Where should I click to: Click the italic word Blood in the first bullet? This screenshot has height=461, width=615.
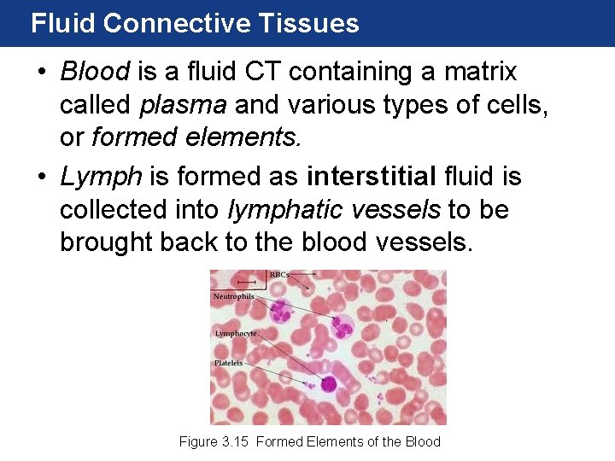(x=95, y=72)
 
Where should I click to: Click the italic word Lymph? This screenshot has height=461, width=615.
(x=102, y=177)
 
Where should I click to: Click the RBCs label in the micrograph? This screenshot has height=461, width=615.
(x=279, y=275)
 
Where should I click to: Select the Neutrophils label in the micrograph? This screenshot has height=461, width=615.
(x=233, y=296)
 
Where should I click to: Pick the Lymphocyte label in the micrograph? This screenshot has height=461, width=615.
(x=235, y=334)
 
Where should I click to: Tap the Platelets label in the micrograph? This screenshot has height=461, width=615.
(x=228, y=363)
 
